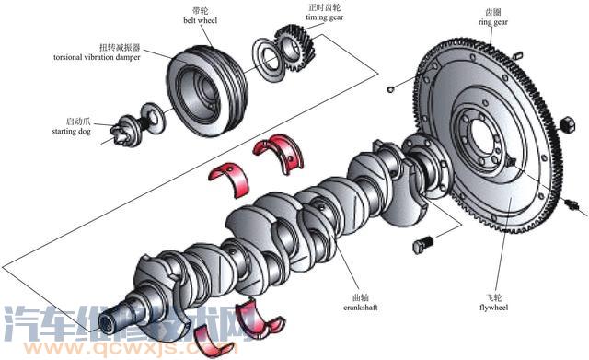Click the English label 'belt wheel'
200,20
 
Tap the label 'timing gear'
324,17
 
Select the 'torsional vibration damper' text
97,57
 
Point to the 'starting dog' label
72,131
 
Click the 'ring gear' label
493,22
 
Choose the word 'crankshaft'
360,308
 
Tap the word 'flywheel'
493,308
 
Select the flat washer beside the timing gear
268,59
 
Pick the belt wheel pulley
206,90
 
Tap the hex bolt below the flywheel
423,244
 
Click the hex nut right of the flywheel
568,124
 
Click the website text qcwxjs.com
131,348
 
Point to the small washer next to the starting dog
154,118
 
